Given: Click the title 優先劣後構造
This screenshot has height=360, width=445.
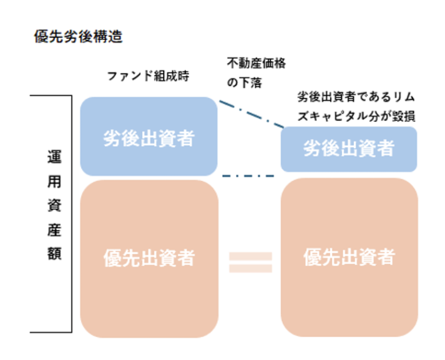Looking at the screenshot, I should [78, 37].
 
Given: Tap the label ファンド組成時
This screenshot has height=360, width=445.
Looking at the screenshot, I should [148, 77].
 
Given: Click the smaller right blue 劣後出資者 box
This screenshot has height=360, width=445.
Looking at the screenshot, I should [348, 149].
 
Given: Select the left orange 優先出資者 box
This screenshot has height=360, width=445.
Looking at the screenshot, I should [149, 258].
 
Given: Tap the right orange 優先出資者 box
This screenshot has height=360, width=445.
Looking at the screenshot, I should [348, 257].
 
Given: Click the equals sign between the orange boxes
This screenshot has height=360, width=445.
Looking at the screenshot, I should [250, 262].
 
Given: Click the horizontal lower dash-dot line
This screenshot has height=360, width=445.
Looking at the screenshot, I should [248, 176].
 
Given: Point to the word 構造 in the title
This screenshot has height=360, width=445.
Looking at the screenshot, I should [110, 37].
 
